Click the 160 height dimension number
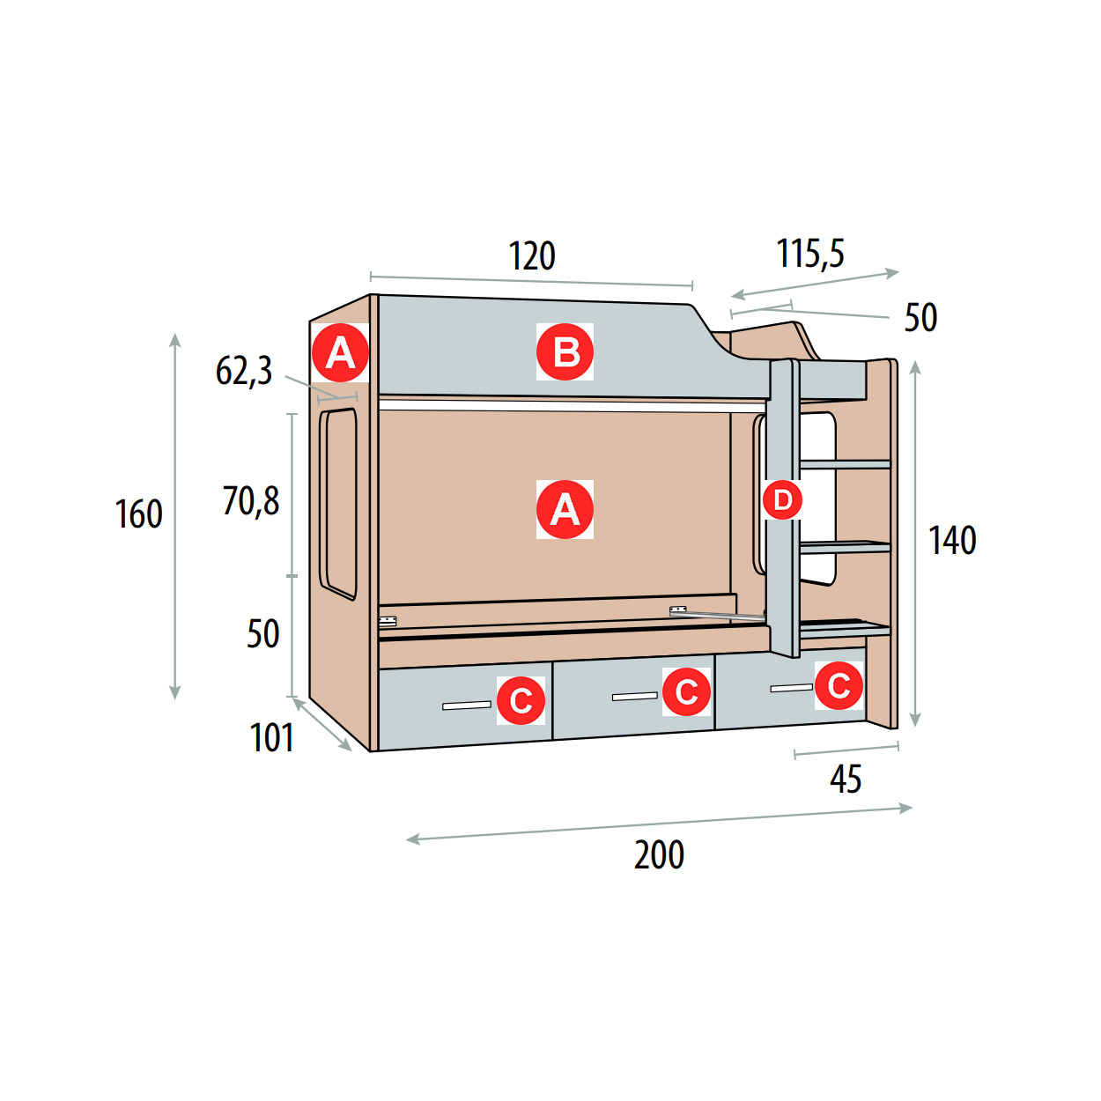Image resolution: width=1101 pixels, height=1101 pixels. (139, 514)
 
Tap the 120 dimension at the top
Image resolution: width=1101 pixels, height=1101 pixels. (531, 256)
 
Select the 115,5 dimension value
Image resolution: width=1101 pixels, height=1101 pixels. (810, 253)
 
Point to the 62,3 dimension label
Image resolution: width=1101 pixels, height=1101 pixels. (244, 372)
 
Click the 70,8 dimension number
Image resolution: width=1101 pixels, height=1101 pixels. (251, 501)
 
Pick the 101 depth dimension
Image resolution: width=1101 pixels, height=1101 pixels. (272, 737)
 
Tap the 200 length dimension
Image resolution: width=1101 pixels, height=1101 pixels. (659, 855)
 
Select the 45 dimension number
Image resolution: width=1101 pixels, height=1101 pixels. (846, 779)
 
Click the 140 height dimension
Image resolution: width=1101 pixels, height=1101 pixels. (952, 541)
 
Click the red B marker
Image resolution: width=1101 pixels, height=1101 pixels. (565, 352)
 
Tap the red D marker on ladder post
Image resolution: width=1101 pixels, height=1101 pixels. (782, 500)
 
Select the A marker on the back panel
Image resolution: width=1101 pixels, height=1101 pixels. (565, 510)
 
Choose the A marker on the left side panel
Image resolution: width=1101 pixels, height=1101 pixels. (340, 352)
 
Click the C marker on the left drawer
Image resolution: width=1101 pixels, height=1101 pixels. (521, 700)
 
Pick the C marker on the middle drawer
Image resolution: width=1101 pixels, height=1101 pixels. (686, 692)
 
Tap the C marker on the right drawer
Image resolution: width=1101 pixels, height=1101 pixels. (839, 685)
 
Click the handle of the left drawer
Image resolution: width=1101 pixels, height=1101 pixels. (467, 706)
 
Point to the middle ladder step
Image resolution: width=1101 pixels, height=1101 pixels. (845, 547)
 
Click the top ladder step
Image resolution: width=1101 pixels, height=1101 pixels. (845, 464)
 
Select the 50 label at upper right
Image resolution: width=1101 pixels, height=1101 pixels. (920, 318)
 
